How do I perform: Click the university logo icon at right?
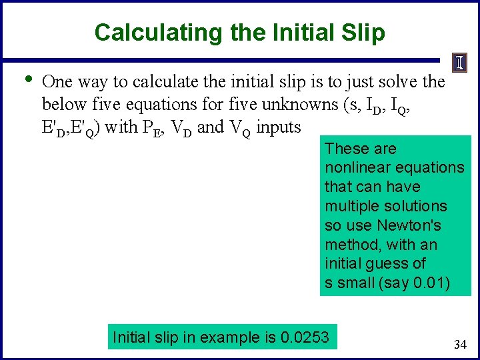[460, 63]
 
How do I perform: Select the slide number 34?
[459, 345]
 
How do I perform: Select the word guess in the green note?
[403, 263]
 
